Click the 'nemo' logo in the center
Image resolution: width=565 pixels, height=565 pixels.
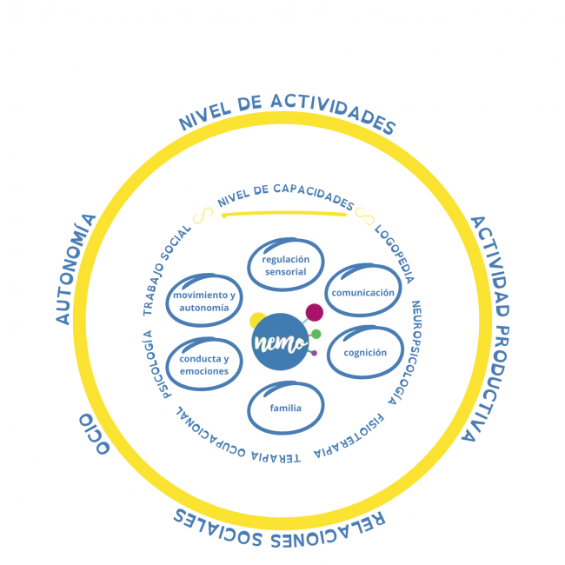coord(281,342)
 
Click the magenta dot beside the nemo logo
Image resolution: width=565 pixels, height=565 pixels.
coord(314,312)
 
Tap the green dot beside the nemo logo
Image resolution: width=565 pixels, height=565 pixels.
coord(316,334)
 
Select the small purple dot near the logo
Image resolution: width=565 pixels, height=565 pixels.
coord(314,353)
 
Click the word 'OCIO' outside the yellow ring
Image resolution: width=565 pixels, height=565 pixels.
coord(94,434)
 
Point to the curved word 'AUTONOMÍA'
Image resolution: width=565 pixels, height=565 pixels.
coord(76,269)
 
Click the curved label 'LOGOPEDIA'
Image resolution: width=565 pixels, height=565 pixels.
coord(395,254)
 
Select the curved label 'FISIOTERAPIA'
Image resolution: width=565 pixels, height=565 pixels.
coord(349,436)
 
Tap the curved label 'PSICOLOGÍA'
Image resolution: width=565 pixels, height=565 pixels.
coord(156,364)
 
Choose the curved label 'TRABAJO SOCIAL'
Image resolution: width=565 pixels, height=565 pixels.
coord(166,270)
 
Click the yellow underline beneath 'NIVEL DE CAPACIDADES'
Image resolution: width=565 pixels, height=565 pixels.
coord(284,214)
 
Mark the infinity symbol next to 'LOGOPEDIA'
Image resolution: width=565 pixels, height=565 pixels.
coord(364,216)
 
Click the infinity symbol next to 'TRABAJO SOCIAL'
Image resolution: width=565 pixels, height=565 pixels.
coord(203,216)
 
